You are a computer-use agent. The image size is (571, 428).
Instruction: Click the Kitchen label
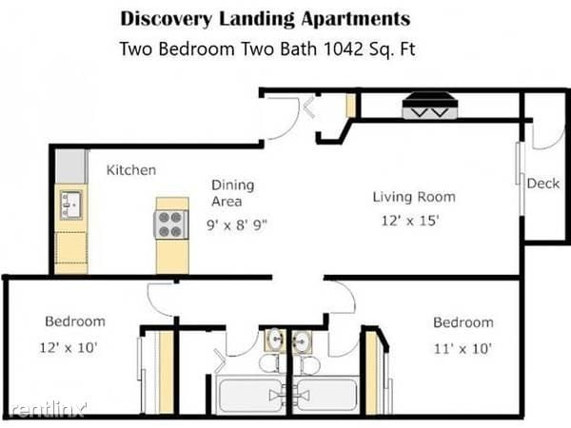click(131, 170)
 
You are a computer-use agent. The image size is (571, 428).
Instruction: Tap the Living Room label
click(414, 197)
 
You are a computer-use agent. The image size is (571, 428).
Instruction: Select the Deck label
click(543, 184)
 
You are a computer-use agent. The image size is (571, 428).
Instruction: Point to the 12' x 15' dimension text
click(410, 221)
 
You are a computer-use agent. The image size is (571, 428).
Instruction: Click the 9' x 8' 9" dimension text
click(237, 224)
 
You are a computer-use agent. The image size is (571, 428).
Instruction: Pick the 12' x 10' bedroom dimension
click(69, 347)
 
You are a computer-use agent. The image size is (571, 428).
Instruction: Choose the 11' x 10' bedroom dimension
click(463, 349)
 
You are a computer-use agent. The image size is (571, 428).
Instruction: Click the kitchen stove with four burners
click(171, 224)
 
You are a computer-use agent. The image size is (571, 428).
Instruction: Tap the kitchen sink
click(71, 205)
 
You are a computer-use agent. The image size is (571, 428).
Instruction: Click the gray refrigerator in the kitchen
click(71, 165)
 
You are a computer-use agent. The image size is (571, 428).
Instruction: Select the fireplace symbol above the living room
click(430, 106)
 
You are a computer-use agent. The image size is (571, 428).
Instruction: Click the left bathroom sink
click(275, 340)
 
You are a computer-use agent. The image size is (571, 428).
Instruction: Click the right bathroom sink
click(302, 341)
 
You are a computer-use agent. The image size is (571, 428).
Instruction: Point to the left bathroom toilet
click(269, 363)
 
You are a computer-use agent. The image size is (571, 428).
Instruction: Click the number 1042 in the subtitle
click(344, 49)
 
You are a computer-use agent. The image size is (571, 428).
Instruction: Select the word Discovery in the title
click(166, 19)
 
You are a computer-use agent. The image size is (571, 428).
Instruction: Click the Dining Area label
click(232, 193)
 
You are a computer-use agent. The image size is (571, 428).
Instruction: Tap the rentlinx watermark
click(48, 409)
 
